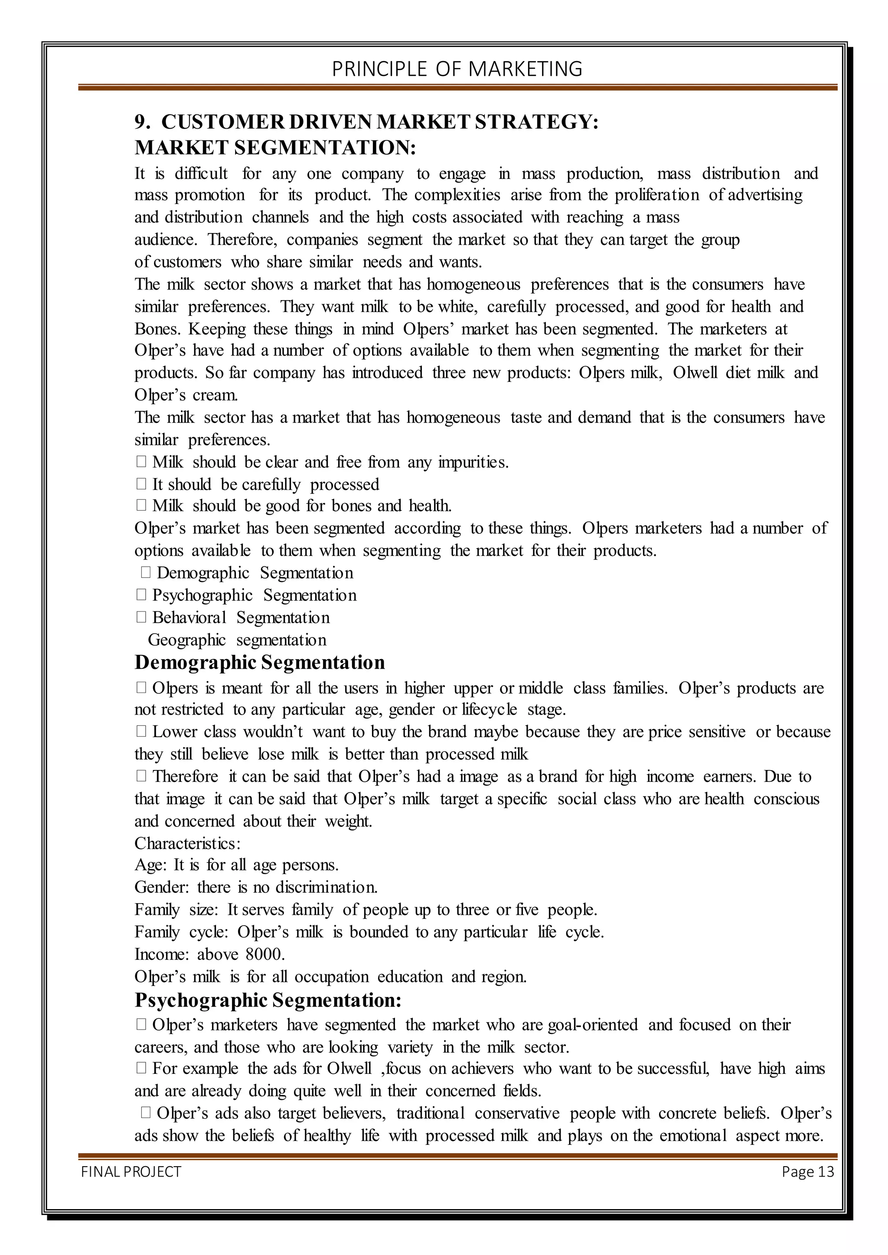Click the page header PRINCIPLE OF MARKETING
coord(457,69)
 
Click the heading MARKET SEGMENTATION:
coord(275,148)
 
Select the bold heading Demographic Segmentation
coord(259,663)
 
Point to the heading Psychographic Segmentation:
coord(268,1000)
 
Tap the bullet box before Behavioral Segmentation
coord(141,617)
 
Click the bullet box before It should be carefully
coord(141,484)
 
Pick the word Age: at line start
coord(150,865)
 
